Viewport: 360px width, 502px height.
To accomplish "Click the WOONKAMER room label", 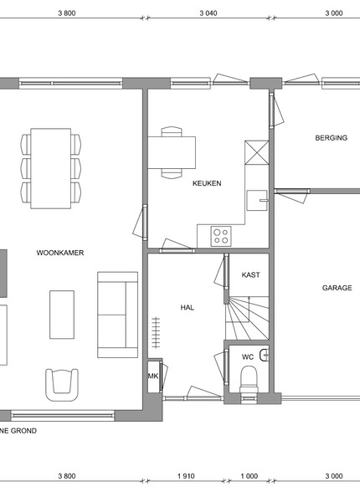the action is (60, 253).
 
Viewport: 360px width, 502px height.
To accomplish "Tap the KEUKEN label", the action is (207, 183).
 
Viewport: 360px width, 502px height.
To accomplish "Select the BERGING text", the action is (332, 138).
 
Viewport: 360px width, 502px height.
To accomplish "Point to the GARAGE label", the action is (337, 288).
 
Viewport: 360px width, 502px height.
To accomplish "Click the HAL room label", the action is (187, 308).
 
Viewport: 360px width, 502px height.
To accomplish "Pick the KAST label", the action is (251, 274).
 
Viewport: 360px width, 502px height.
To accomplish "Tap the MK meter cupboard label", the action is (153, 376).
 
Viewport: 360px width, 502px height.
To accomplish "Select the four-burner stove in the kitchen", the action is (221, 236).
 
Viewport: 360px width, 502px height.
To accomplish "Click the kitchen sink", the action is (257, 201).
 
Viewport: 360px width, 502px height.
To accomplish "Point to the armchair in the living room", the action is (62, 385).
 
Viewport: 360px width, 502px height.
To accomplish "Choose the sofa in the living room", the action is (117, 315).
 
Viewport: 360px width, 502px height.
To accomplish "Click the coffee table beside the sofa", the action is (62, 315).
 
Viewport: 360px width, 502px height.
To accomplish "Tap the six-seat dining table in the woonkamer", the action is (50, 168).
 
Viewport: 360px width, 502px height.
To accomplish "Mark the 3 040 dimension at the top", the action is (208, 13).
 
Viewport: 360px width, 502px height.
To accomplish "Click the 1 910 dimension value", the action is (186, 476).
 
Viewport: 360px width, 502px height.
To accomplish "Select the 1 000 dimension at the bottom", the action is (249, 476).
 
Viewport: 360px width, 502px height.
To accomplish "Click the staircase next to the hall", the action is (247, 318).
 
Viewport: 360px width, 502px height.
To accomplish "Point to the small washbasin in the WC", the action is (265, 355).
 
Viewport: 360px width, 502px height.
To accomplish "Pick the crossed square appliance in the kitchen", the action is (257, 153).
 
